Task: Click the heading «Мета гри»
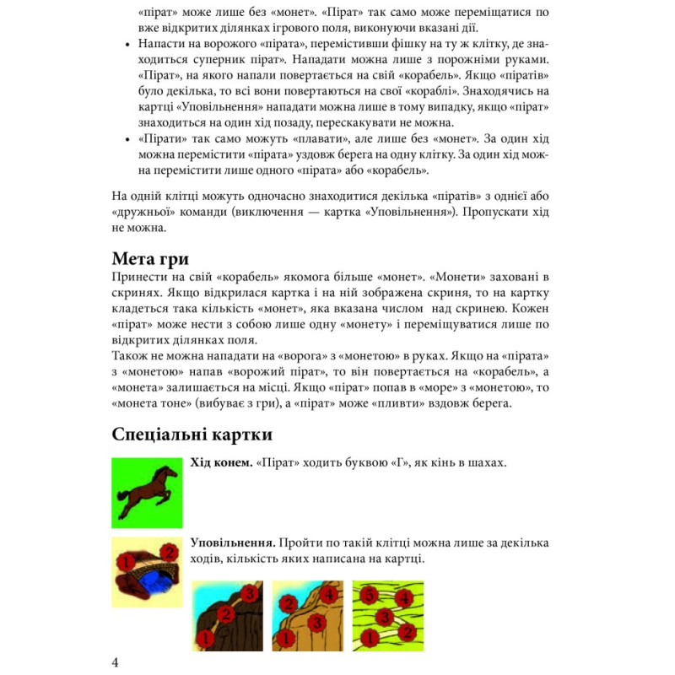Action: click(150, 258)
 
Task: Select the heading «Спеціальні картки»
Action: click(192, 435)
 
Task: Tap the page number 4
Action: click(116, 661)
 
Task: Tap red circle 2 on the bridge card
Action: click(167, 553)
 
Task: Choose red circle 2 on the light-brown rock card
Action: click(288, 603)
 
